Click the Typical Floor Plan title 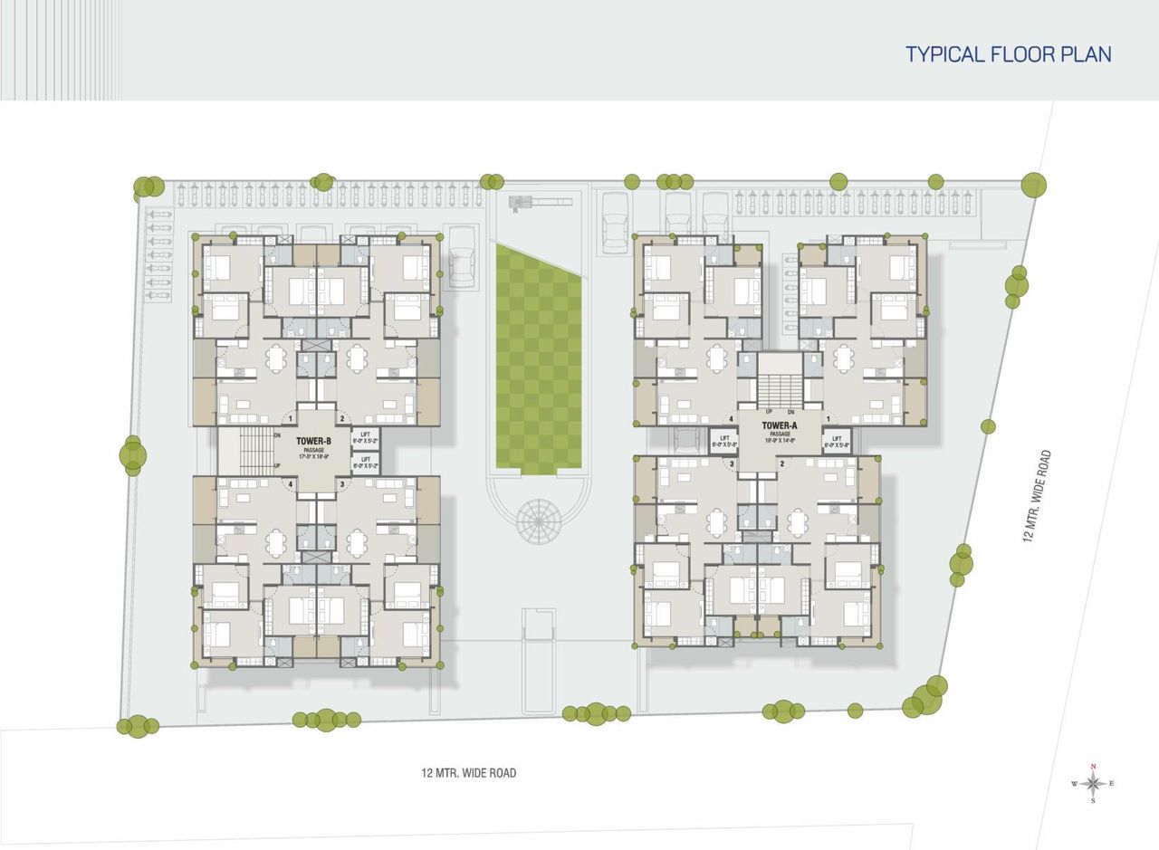pos(1008,53)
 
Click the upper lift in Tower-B pos(366,438)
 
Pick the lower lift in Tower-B pos(366,462)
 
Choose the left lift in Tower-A pos(726,441)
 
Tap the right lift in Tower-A pos(836,441)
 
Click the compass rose pos(1093,783)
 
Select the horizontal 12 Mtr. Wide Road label pos(468,773)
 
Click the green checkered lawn pos(539,358)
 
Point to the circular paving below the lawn pos(539,520)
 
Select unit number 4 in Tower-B pos(291,485)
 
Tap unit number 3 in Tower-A pos(733,464)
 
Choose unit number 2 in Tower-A pos(781,464)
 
